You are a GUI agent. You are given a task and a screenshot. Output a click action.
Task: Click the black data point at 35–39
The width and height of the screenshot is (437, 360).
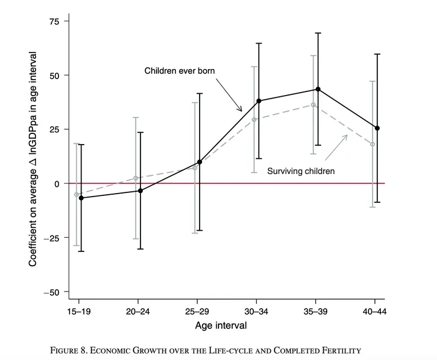pos(318,89)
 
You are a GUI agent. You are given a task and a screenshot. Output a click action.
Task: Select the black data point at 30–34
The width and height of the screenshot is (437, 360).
pos(259,101)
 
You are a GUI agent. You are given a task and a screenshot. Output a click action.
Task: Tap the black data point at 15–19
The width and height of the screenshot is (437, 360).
pos(81,198)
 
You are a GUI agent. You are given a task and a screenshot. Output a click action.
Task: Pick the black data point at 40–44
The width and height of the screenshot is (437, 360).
pos(377,128)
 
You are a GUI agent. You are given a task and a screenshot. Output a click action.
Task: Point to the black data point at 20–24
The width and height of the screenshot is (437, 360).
pos(141,191)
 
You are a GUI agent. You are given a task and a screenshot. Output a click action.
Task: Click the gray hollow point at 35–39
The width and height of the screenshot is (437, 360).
pos(313,104)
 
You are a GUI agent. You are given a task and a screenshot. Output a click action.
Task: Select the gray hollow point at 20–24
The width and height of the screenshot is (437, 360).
pos(136,178)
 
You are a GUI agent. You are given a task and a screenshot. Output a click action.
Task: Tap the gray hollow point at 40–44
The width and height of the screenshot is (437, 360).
pos(373,144)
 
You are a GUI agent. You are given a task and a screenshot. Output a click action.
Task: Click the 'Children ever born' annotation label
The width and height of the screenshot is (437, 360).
pos(180,71)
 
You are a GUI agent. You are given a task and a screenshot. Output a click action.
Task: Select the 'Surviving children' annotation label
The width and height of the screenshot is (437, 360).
pos(301,171)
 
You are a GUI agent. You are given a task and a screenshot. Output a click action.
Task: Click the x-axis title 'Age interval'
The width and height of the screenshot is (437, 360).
pos(220,325)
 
